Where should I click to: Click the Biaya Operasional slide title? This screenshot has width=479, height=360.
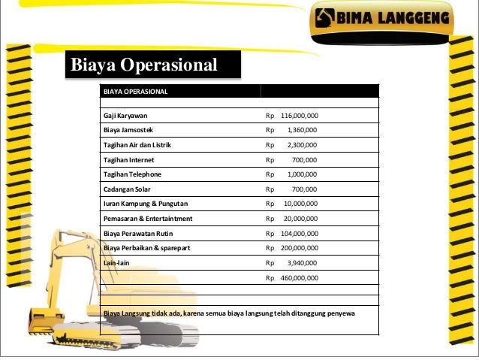pos(143,65)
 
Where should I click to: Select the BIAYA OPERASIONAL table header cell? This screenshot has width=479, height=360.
pos(136,92)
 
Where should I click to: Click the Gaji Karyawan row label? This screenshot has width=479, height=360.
pos(126,116)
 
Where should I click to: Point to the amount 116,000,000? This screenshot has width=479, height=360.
pos(300,116)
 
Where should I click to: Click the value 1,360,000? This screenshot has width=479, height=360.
pos(303,130)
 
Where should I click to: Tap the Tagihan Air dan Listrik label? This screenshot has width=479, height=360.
pos(139,145)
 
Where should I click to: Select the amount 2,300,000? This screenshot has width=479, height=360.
pos(303,145)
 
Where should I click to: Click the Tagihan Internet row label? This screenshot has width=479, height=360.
pos(128,159)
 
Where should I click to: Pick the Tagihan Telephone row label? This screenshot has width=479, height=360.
pos(132,174)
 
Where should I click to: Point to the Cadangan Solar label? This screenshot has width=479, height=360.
pos(127,189)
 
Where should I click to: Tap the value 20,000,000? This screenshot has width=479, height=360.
pos(301,219)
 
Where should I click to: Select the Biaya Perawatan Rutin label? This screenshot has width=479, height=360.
pos(138,234)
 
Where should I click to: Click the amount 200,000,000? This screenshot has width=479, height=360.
pos(300,248)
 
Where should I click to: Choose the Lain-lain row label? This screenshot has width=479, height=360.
pos(116,263)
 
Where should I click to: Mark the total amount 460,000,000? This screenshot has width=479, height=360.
pos(300,278)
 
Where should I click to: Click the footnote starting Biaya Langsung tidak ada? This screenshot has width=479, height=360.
pos(229,312)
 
